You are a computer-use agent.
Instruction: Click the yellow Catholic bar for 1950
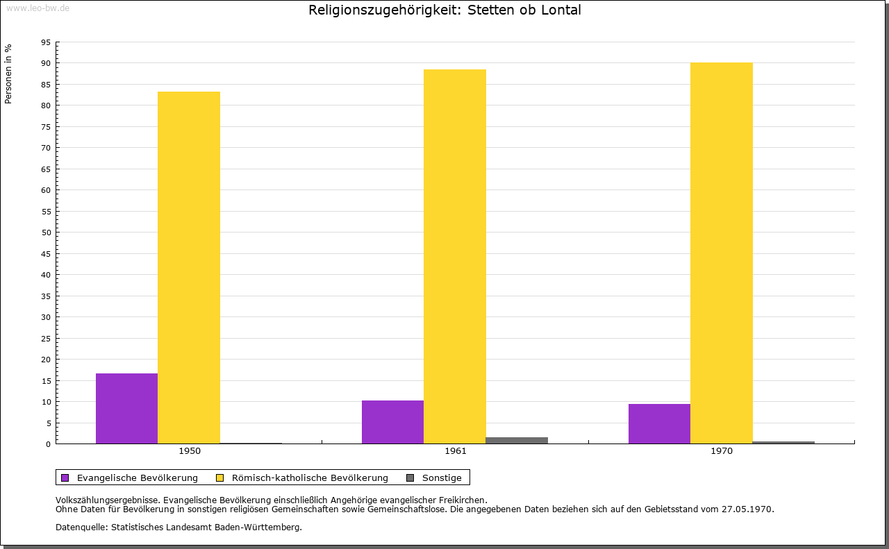click(189, 267)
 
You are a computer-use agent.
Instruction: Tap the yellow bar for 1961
click(455, 256)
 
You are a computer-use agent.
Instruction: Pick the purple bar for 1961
click(392, 422)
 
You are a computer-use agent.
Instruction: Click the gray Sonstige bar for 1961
click(517, 440)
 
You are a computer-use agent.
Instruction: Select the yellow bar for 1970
click(721, 253)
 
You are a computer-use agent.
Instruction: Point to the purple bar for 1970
click(659, 423)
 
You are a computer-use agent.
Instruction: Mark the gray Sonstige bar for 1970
click(783, 442)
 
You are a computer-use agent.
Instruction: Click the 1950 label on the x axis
click(190, 451)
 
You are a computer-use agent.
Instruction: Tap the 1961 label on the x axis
click(456, 451)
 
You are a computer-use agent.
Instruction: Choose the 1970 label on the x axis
click(722, 451)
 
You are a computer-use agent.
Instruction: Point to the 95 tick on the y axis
click(46, 42)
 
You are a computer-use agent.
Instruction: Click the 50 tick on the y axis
click(46, 233)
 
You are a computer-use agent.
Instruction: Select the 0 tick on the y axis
click(49, 444)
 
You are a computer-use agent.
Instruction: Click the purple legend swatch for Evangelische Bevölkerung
click(65, 478)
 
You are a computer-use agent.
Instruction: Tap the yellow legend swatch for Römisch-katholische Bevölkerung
click(220, 478)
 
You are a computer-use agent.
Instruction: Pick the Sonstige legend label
click(442, 478)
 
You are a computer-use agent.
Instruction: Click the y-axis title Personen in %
click(8, 74)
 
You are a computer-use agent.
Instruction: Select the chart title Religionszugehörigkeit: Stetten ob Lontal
click(444, 10)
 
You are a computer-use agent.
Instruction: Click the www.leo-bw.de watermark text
click(37, 7)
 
